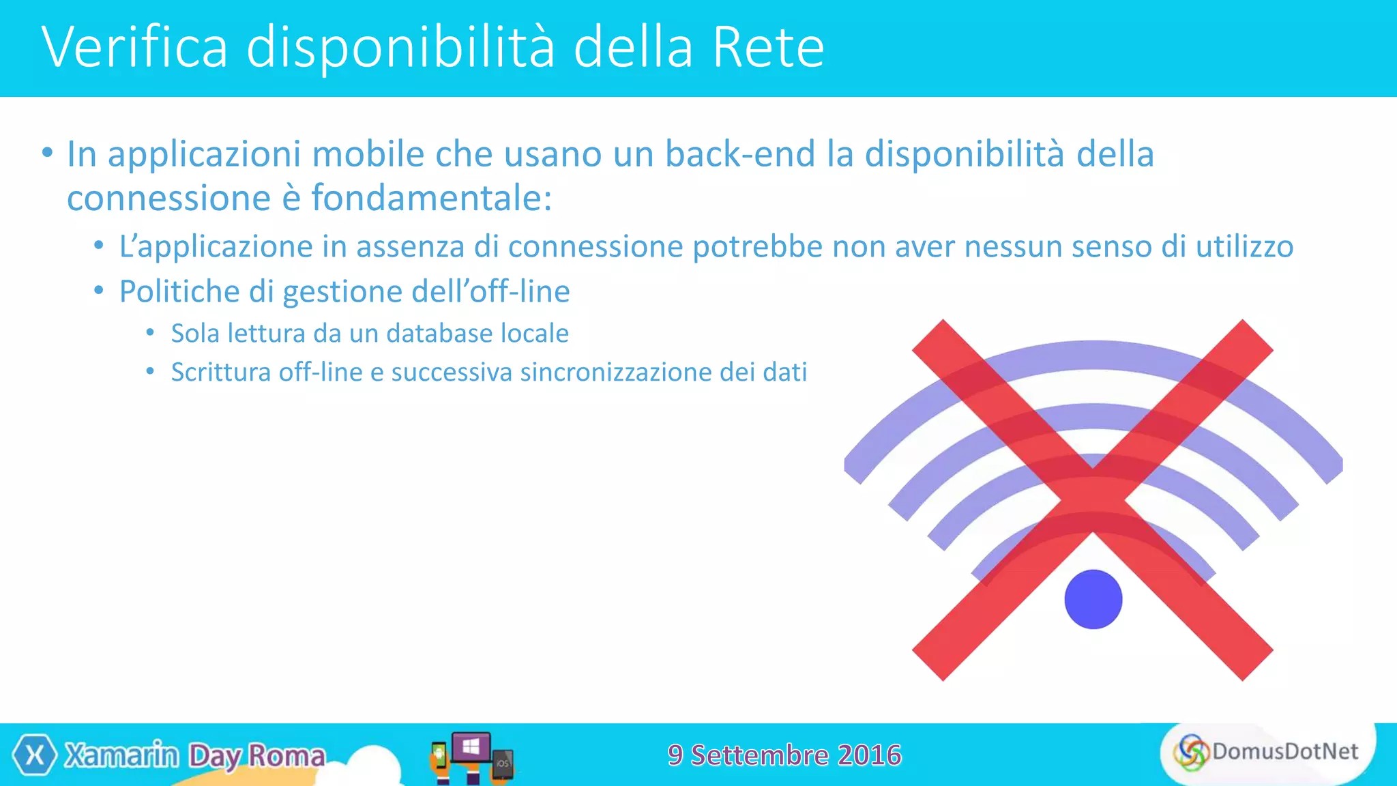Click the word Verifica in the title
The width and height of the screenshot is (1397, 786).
[x=134, y=48]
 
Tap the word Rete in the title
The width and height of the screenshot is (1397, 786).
[x=768, y=48]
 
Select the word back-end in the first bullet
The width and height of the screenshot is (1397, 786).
[x=739, y=154]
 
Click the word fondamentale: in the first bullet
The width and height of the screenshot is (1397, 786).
[x=431, y=199]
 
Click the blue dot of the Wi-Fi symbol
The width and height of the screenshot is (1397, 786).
[x=1093, y=599]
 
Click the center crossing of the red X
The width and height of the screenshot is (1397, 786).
[x=1093, y=499]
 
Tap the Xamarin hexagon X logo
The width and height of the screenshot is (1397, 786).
[x=35, y=755]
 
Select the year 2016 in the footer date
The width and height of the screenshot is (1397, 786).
[x=870, y=755]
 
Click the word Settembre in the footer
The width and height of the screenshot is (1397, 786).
[x=760, y=755]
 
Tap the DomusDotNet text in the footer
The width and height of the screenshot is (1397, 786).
[x=1284, y=751]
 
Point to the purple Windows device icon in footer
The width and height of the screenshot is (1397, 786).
[x=471, y=747]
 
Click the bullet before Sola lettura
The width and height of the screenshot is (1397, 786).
[x=150, y=333]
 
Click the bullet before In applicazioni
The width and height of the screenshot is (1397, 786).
[x=46, y=153]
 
